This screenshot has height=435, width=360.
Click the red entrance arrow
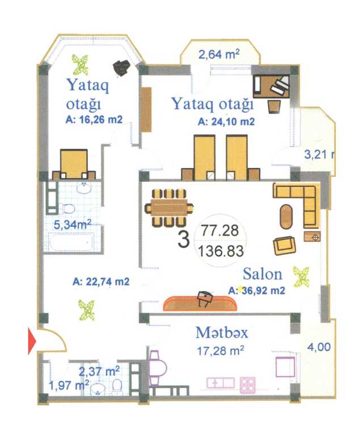coord(32,340)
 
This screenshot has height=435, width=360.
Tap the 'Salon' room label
coord(262,274)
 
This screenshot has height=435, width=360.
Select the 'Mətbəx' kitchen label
coord(222,332)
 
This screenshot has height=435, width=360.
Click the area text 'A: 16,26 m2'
coord(94,120)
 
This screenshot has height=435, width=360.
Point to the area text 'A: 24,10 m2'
coord(226,122)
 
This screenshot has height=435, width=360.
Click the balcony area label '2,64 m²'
coord(219,54)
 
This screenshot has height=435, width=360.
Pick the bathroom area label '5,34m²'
coord(73,224)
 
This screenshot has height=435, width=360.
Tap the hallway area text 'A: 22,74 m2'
coord(101,282)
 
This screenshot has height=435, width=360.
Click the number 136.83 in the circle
coord(221,251)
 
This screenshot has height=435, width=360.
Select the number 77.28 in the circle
coord(220,231)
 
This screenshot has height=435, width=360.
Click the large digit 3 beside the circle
coord(184,240)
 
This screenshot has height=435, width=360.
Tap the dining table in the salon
coord(169,207)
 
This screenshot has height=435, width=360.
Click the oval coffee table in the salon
coord(286,217)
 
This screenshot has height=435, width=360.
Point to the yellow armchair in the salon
coord(285,245)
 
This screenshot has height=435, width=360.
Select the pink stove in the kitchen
coord(248,385)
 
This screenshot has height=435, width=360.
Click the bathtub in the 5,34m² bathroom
coord(71,242)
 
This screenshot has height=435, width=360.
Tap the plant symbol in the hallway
coord(87,310)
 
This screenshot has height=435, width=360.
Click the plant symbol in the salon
coord(302,276)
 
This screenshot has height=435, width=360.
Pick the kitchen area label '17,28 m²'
coord(221,351)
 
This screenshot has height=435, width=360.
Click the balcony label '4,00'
coord(319,347)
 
